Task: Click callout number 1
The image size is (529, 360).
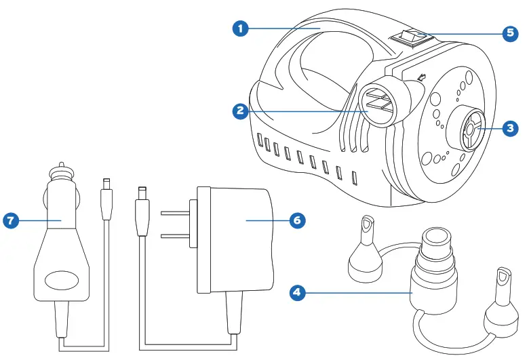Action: click(x=239, y=28)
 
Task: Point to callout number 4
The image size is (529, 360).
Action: click(x=296, y=292)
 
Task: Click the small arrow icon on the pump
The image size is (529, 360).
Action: click(x=423, y=79)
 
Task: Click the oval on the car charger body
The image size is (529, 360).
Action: click(x=61, y=280)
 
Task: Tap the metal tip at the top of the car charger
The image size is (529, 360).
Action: click(x=61, y=167)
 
